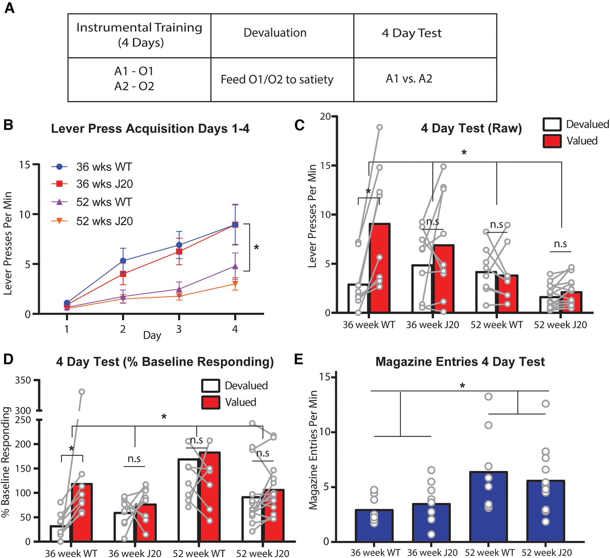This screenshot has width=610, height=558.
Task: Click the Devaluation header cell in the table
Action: pyautogui.click(x=275, y=33)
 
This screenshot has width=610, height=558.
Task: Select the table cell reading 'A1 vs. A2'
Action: pyautogui.click(x=409, y=79)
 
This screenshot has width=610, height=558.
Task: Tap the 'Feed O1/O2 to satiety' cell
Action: pyautogui.click(x=277, y=80)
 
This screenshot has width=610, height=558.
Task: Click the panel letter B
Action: pyautogui.click(x=8, y=125)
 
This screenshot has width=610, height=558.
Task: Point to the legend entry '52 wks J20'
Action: pyautogui.click(x=104, y=221)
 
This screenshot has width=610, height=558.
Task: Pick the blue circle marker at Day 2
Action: pyautogui.click(x=123, y=261)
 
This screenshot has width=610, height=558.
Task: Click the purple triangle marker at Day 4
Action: pyautogui.click(x=235, y=266)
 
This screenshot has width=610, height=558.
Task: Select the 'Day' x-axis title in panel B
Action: pyautogui.click(x=152, y=335)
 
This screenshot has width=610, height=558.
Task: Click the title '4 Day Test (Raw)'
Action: pyautogui.click(x=471, y=128)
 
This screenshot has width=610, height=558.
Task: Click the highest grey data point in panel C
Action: pyautogui.click(x=379, y=127)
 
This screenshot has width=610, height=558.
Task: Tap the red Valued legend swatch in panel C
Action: pyautogui.click(x=552, y=141)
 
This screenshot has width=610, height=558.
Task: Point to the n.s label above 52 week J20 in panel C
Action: pyautogui.click(x=560, y=244)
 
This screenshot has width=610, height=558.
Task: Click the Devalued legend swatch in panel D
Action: pyautogui.click(x=211, y=386)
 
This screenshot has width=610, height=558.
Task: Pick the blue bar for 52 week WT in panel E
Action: pyautogui.click(x=488, y=506)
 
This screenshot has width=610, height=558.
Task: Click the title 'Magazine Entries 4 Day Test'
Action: pyautogui.click(x=460, y=362)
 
